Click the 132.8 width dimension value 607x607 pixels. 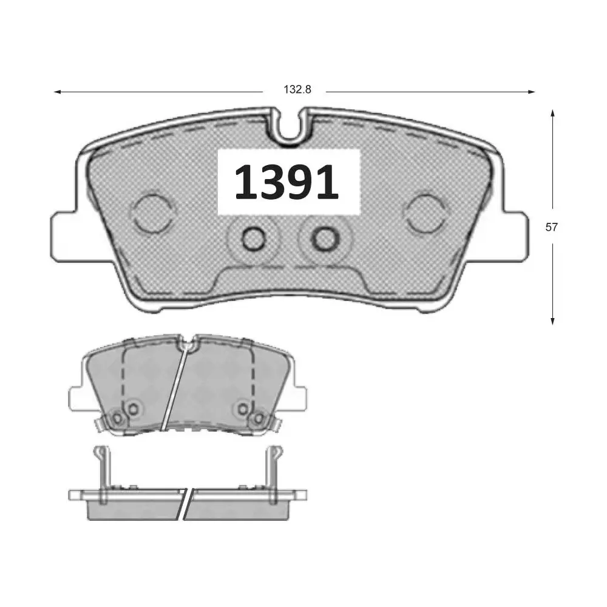297,90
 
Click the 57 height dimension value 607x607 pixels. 552,227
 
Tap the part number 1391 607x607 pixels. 287,183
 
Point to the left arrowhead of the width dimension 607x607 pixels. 58,92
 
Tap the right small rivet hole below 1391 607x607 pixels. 324,238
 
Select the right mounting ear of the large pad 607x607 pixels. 514,237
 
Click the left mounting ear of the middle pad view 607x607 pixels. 78,398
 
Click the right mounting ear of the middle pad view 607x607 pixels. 299,398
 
